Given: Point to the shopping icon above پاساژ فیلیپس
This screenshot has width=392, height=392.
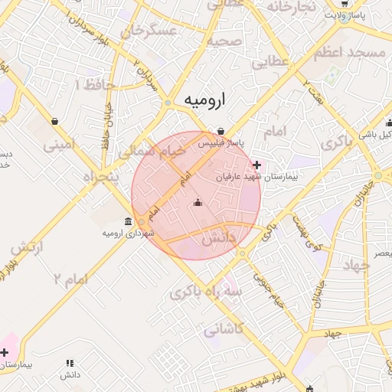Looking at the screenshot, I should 221,131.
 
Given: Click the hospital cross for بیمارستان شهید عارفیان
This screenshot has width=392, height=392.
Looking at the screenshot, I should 256,165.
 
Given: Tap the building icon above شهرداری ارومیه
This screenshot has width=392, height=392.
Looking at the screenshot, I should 127,222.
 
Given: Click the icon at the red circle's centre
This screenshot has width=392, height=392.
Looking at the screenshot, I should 198,203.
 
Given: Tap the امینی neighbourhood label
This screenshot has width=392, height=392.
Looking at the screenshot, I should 60,143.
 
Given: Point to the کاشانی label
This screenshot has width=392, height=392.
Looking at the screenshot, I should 222,331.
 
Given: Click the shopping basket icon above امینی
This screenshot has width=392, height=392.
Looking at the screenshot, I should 55,121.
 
